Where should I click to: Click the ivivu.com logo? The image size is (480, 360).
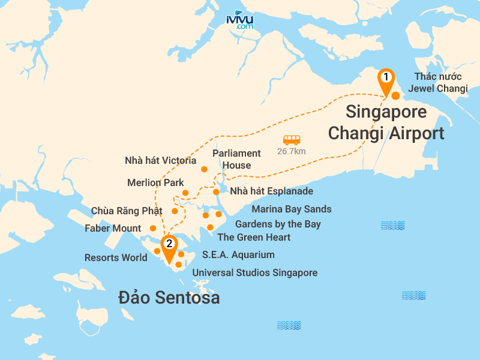coord(240,20)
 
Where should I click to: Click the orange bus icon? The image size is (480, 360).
coord(292,140)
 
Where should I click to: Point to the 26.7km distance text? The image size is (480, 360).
coord(292,151)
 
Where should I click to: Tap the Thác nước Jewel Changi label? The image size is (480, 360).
coord(437,83)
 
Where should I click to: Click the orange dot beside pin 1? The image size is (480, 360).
coord(395,95)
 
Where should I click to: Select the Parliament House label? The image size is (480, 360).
coord(236,159)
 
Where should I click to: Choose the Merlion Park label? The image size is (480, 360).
coord(156,182)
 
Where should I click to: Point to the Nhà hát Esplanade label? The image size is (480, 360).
coord(272,191)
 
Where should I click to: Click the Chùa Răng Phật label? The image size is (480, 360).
coord(127,211)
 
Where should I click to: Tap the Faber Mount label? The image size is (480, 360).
coord(113,228)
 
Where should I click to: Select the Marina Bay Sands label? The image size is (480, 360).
coord(291,209)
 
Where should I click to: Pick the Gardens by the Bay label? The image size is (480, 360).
coord(278,224)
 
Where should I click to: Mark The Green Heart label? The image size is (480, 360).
coord(254,238)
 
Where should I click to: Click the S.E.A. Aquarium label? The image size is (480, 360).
coord(238,255)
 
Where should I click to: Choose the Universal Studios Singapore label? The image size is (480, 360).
coord(254,273)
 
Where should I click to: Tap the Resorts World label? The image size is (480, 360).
coord(116,258)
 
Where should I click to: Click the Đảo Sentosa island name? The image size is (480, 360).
coord(169,298)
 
